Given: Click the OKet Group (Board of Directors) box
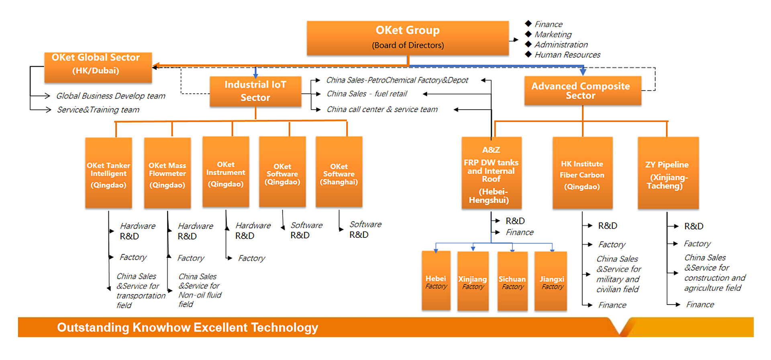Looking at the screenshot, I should pos(408,38).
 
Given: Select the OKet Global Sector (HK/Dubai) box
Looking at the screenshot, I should pos(98,67).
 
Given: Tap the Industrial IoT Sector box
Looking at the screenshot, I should pos(255,91).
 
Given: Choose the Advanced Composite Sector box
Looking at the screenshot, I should pos(582,91).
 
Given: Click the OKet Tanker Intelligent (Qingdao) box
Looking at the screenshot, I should pos(108,173).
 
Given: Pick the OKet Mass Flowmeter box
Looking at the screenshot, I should pos(167,173).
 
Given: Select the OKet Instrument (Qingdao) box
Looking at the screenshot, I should pos(226,172).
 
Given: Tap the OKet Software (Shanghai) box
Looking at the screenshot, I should pos(339,172).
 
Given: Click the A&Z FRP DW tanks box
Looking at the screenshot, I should pos(491,173).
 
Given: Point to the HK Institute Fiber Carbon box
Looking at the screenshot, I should pos(582,173).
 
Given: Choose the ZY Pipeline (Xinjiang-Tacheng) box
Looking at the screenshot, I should pos(668,173).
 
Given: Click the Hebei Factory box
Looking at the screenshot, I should pos(436,281).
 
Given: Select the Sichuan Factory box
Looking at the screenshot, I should pos(512,281).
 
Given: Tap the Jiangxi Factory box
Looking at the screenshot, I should pos(551,281).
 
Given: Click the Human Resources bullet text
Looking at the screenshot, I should pos(567,55).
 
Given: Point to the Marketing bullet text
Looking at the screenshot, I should pos(553,35).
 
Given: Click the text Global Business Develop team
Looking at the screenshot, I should pos(110,96).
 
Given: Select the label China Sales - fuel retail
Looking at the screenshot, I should pos(367,94).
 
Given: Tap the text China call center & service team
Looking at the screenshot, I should pos(382,109).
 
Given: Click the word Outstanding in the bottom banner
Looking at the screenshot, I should pos(93,327).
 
